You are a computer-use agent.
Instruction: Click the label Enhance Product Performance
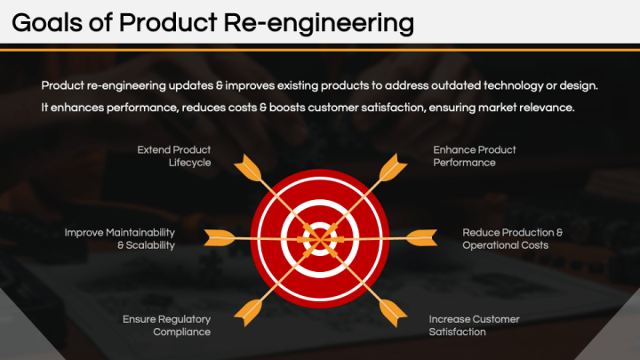475,156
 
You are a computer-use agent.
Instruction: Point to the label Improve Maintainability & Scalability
120,238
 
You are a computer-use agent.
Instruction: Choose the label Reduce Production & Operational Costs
513,238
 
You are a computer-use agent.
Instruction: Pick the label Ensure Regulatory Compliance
166,325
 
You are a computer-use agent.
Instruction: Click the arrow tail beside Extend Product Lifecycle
250,167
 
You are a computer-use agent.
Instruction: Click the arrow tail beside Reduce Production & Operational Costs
420,237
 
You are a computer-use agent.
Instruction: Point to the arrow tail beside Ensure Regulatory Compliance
250,308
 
